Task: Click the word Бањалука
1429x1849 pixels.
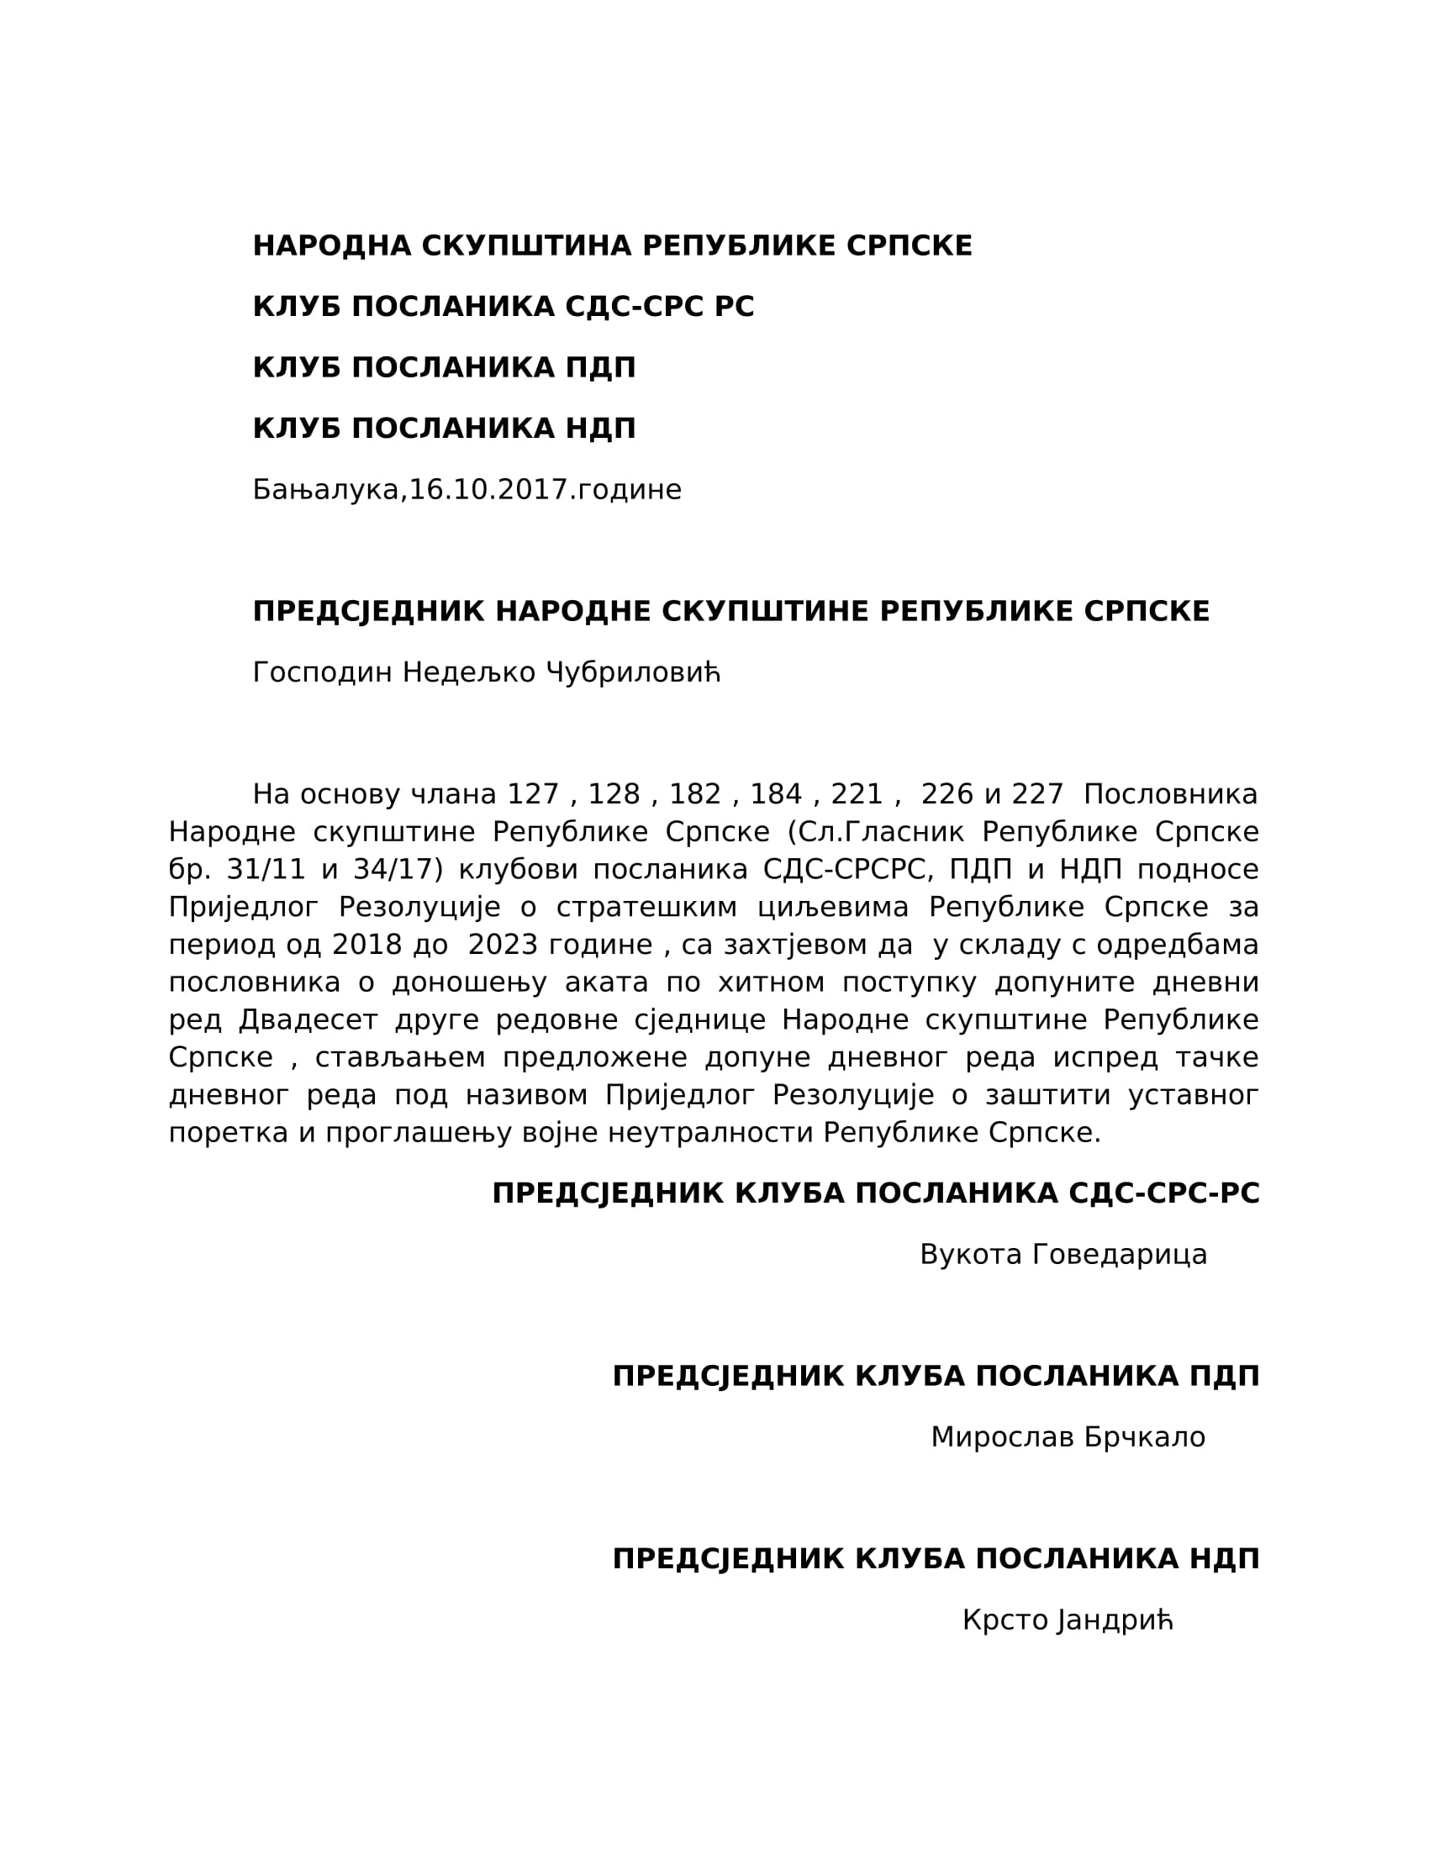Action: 326,490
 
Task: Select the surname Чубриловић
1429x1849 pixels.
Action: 633,673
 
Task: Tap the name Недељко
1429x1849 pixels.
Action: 469,673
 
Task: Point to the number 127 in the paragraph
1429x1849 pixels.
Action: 532,795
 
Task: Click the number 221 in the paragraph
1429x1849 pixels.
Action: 857,795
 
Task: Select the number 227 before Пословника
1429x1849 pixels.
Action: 1037,795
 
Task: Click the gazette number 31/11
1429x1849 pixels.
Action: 266,870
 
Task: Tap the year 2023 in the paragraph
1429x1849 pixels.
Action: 503,945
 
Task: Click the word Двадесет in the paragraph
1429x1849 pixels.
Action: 308,1020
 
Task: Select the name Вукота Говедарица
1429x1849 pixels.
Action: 1063,1255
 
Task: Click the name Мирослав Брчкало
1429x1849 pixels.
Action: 1068,1437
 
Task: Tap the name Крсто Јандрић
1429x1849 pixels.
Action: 1068,1620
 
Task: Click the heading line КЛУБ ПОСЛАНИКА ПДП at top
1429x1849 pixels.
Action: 444,368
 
